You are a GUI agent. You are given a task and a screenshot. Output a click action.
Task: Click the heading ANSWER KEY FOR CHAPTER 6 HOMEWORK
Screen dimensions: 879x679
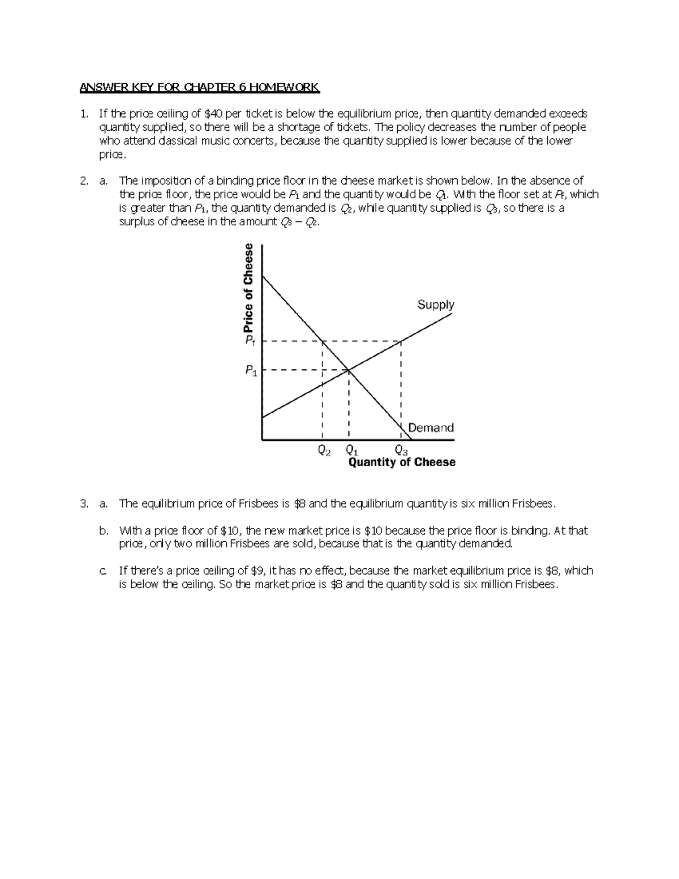(x=200, y=88)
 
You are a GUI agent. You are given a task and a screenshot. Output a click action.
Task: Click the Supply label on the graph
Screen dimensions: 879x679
(x=436, y=305)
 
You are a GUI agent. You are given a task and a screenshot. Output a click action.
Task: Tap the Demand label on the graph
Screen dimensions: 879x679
(x=431, y=428)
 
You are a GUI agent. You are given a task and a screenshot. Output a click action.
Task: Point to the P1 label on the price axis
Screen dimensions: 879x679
(x=251, y=371)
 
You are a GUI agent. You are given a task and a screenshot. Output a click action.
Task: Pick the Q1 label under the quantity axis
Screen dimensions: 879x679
(x=351, y=451)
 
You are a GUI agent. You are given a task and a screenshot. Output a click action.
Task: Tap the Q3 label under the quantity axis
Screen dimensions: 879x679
(x=401, y=451)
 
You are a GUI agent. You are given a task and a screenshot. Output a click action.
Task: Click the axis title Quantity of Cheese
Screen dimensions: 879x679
(x=402, y=462)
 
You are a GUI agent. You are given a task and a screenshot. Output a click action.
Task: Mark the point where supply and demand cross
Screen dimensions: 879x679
(x=349, y=370)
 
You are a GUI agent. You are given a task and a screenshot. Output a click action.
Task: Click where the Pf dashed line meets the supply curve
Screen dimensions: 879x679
(x=401, y=341)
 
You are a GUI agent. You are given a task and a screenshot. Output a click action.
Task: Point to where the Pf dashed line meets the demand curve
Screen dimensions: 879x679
(x=323, y=341)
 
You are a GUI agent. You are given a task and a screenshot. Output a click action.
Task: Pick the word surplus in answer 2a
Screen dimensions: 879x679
(x=136, y=222)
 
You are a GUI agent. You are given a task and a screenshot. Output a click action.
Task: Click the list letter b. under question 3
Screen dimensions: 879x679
(x=103, y=531)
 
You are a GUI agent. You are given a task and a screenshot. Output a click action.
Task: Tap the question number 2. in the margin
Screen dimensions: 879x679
(x=84, y=181)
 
